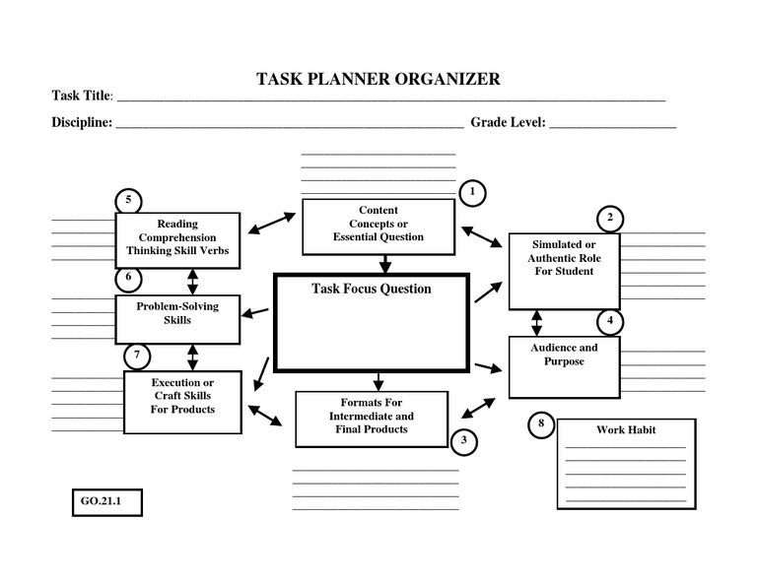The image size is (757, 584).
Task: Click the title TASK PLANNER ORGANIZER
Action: tap(378, 79)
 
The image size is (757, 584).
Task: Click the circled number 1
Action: tap(473, 193)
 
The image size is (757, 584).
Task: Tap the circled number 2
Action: tap(610, 218)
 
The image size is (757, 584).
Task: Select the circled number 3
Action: tap(464, 441)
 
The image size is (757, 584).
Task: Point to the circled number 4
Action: tap(610, 321)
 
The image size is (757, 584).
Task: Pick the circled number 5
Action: tap(128, 201)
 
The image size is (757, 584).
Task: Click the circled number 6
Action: tap(128, 278)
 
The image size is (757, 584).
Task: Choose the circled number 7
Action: tap(137, 355)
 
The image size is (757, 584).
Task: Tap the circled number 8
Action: tap(540, 424)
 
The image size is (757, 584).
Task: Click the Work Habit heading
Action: tap(626, 430)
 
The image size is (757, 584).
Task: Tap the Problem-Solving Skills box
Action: tap(177, 313)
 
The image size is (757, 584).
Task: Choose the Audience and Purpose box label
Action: tap(564, 355)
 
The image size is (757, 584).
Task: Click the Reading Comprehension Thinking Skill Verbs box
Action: tap(177, 238)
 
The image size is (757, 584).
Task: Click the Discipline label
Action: tap(82, 123)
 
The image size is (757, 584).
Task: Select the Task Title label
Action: tap(82, 97)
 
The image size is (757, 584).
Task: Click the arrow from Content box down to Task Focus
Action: tap(385, 263)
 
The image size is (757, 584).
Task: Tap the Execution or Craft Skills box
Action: tap(183, 396)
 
